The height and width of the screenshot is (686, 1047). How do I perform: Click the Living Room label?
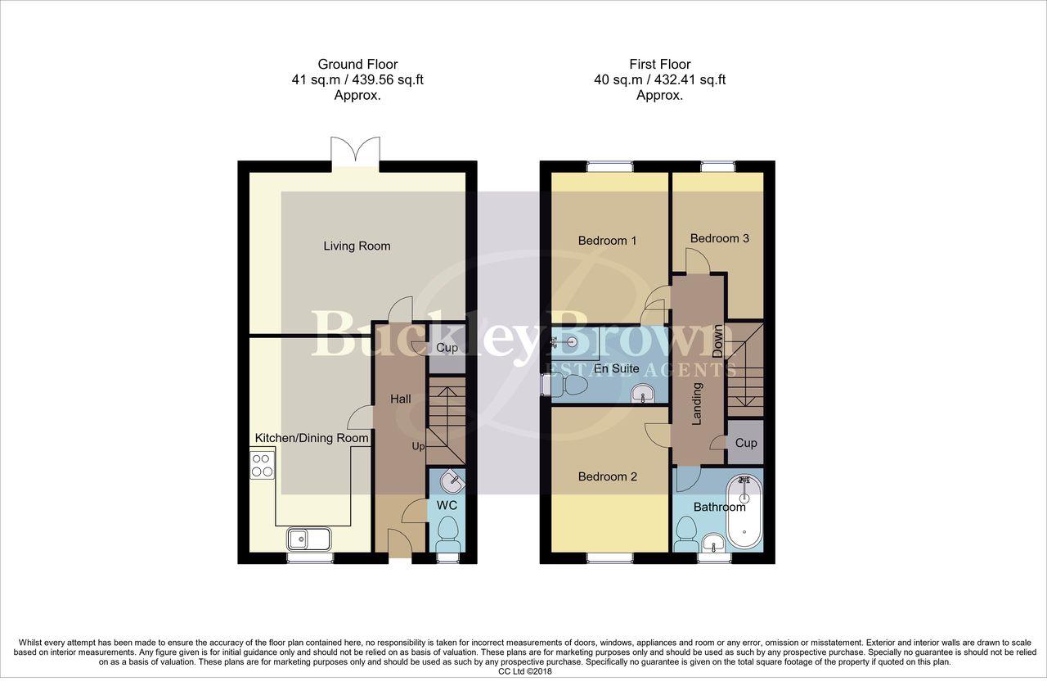(x=357, y=246)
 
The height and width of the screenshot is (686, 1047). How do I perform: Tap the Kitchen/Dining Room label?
(x=312, y=438)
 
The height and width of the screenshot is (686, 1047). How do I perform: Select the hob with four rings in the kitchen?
(x=263, y=465)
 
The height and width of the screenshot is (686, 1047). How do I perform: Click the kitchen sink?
(x=308, y=539)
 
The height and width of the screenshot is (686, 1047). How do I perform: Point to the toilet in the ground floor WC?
(x=447, y=535)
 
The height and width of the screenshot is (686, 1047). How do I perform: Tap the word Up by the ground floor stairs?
(x=418, y=447)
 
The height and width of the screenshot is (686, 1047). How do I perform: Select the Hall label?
(x=401, y=399)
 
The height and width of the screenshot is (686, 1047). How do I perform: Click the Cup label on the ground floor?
(x=447, y=348)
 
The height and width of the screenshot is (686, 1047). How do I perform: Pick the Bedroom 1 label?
(x=607, y=241)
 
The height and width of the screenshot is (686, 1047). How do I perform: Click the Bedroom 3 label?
(x=719, y=238)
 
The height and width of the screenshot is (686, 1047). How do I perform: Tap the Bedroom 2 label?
(x=607, y=476)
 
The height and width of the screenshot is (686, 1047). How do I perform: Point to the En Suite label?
(x=617, y=368)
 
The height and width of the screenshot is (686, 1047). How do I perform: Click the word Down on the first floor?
(x=717, y=341)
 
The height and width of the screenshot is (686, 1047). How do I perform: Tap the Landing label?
(x=698, y=404)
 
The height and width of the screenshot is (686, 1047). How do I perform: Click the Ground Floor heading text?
(x=357, y=64)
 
